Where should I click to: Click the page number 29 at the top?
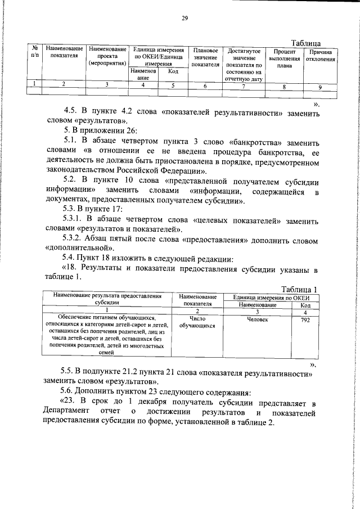tap(184, 18)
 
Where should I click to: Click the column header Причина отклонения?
tap(320, 55)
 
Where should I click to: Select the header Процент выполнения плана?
tap(284, 58)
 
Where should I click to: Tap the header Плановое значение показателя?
tap(205, 58)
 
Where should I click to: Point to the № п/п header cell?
tap(35, 54)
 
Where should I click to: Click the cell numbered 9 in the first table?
tap(320, 87)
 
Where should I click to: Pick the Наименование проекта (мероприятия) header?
tap(107, 58)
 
